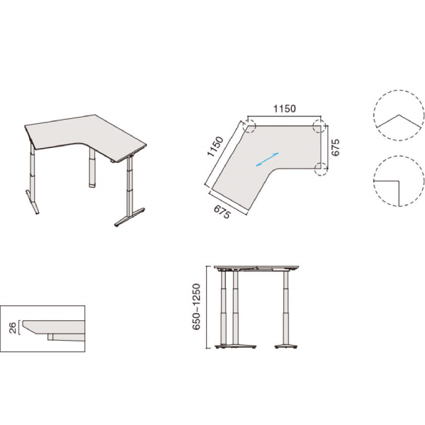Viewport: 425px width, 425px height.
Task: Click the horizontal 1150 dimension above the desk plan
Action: pos(284,108)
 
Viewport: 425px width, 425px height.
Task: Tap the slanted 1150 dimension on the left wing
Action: pos(215,147)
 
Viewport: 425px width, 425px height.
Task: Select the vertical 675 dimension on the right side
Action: pos(335,147)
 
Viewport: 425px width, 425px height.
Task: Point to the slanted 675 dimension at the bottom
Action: pos(222,212)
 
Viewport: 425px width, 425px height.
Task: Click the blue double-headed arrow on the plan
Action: pos(267,159)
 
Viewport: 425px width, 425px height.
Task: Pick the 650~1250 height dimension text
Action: pos(196,307)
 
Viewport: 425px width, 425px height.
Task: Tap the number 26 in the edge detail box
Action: pos(13,328)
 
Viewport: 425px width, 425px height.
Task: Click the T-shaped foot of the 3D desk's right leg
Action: pos(130,217)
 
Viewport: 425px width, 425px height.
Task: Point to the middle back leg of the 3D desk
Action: pos(92,167)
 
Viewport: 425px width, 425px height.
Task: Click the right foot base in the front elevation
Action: pos(286,346)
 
